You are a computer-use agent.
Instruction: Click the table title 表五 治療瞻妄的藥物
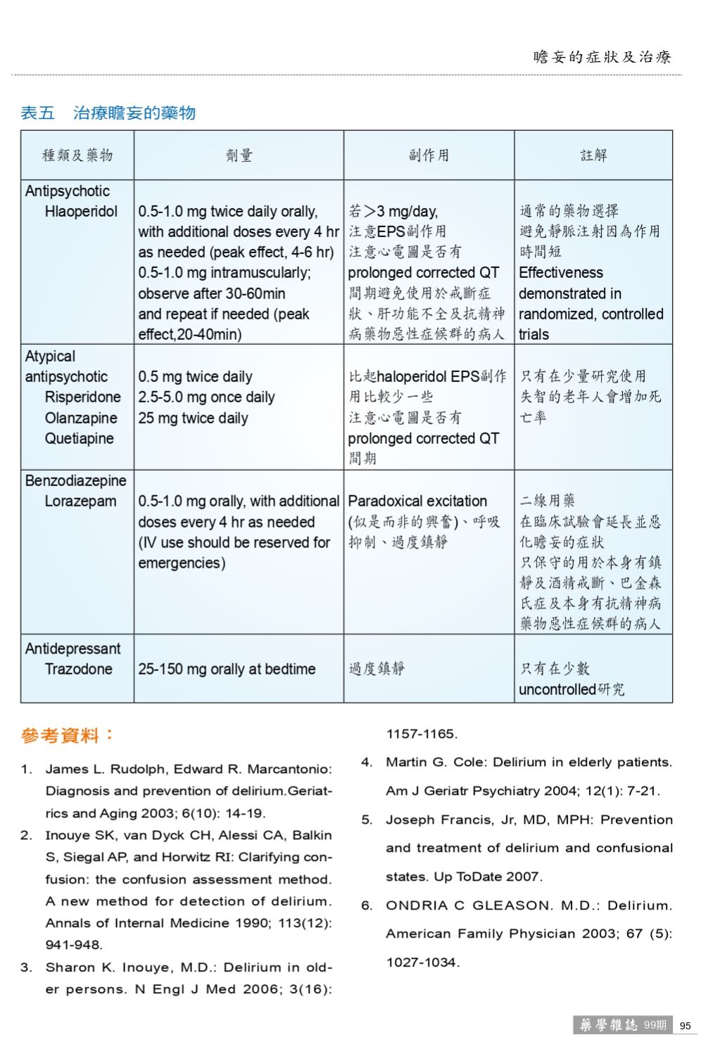tap(108, 113)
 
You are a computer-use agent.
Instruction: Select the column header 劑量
tap(239, 155)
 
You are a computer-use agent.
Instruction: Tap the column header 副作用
tap(429, 155)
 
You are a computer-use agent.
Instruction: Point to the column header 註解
tap(593, 155)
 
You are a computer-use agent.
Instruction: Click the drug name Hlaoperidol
tap(81, 212)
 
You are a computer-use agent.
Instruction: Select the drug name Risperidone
tap(82, 397)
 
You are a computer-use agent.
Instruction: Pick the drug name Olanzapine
tap(81, 418)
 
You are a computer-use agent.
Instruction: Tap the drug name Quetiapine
tap(79, 438)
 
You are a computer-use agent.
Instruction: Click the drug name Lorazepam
tap(80, 502)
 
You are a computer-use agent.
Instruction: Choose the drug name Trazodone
tap(78, 669)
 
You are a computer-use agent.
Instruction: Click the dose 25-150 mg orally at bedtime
tap(227, 669)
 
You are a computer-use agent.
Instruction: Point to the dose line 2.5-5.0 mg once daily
tap(206, 397)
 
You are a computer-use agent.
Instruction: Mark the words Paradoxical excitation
tap(417, 502)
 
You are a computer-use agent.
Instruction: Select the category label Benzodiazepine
tap(76, 481)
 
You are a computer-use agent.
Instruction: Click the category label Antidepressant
tap(72, 649)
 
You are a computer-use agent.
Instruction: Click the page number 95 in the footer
tap(685, 1026)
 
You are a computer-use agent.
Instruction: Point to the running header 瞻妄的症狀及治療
tap(602, 57)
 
